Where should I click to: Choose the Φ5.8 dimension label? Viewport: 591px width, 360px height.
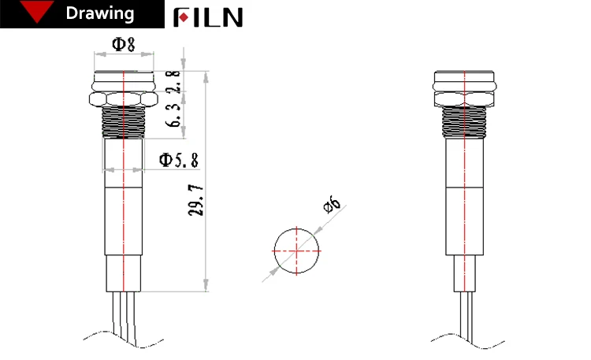coord(179,160)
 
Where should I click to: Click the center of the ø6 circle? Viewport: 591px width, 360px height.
coord(297,251)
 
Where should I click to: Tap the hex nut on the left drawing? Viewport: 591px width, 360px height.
coord(122,99)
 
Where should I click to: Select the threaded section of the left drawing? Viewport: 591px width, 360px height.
coord(122,124)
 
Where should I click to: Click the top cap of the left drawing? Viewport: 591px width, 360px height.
coord(122,80)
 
